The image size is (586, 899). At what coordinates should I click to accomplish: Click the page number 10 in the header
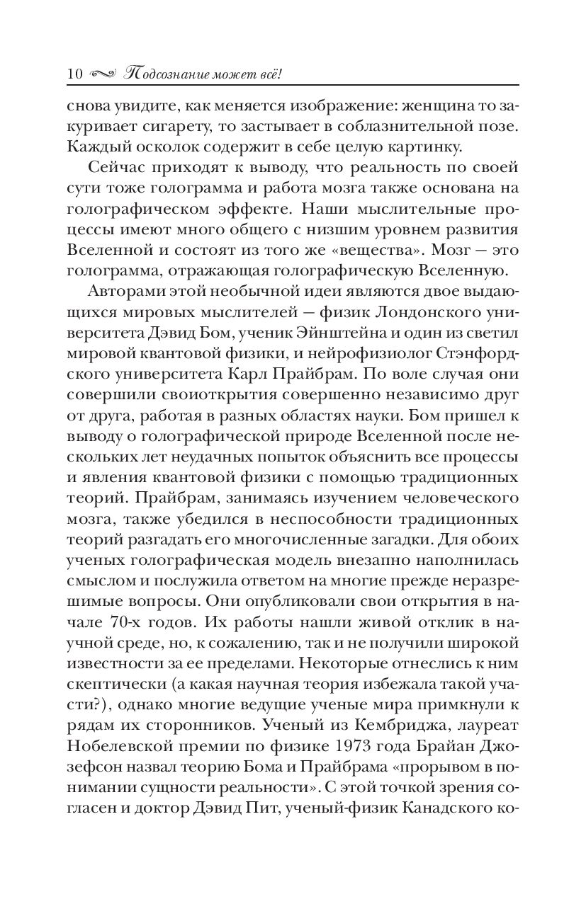[x=74, y=73]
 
